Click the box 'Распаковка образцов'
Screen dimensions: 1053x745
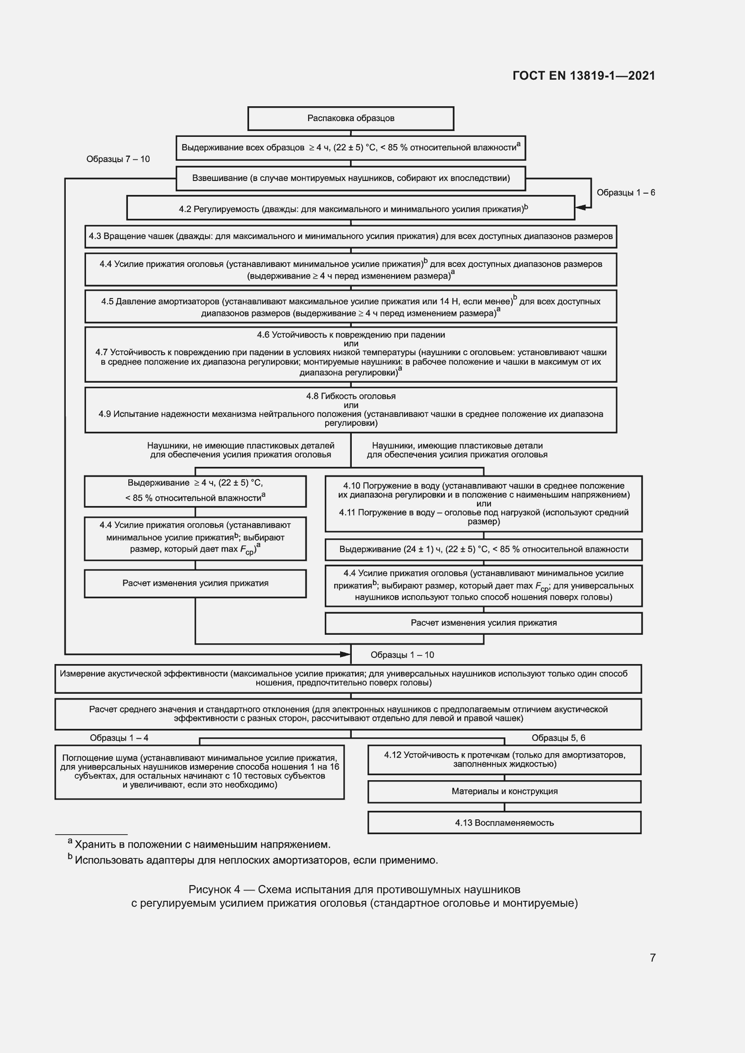350,118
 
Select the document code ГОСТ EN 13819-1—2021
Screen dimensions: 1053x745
583,76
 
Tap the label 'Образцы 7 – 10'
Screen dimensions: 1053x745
118,159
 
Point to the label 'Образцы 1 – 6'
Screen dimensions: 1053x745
626,193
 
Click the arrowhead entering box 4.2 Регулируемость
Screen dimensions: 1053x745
581,207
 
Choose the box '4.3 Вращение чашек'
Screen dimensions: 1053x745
350,237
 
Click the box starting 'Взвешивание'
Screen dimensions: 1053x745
350,178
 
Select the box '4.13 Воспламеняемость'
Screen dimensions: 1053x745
504,823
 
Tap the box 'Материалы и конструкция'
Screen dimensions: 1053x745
504,791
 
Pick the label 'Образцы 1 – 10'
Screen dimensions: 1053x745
402,655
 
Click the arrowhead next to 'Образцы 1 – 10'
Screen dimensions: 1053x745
345,654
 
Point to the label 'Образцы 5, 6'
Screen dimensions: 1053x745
558,738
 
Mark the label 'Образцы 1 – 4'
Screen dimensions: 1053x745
119,738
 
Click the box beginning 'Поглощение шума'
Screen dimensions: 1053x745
200,772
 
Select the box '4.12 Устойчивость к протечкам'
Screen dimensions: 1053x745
504,759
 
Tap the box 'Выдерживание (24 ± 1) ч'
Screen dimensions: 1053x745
483,549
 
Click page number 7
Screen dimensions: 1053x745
652,958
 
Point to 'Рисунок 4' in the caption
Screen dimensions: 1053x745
214,890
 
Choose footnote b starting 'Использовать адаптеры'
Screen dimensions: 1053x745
256,860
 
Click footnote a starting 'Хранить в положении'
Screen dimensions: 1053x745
202,844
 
